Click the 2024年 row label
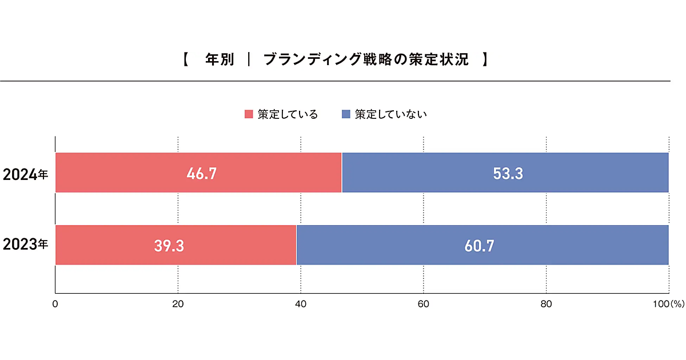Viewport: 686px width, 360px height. (x=25, y=174)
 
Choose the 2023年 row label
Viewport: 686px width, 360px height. (x=25, y=246)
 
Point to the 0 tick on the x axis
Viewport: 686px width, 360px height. (x=55, y=305)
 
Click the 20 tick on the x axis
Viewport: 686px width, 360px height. (x=178, y=305)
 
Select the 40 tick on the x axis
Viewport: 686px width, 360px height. (x=301, y=305)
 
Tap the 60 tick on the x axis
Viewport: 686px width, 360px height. (x=424, y=305)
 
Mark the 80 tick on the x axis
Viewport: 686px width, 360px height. (x=547, y=305)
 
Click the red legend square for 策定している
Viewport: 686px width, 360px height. (x=249, y=114)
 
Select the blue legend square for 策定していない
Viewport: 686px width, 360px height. (x=346, y=114)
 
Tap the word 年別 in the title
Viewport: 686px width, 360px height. (x=220, y=59)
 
